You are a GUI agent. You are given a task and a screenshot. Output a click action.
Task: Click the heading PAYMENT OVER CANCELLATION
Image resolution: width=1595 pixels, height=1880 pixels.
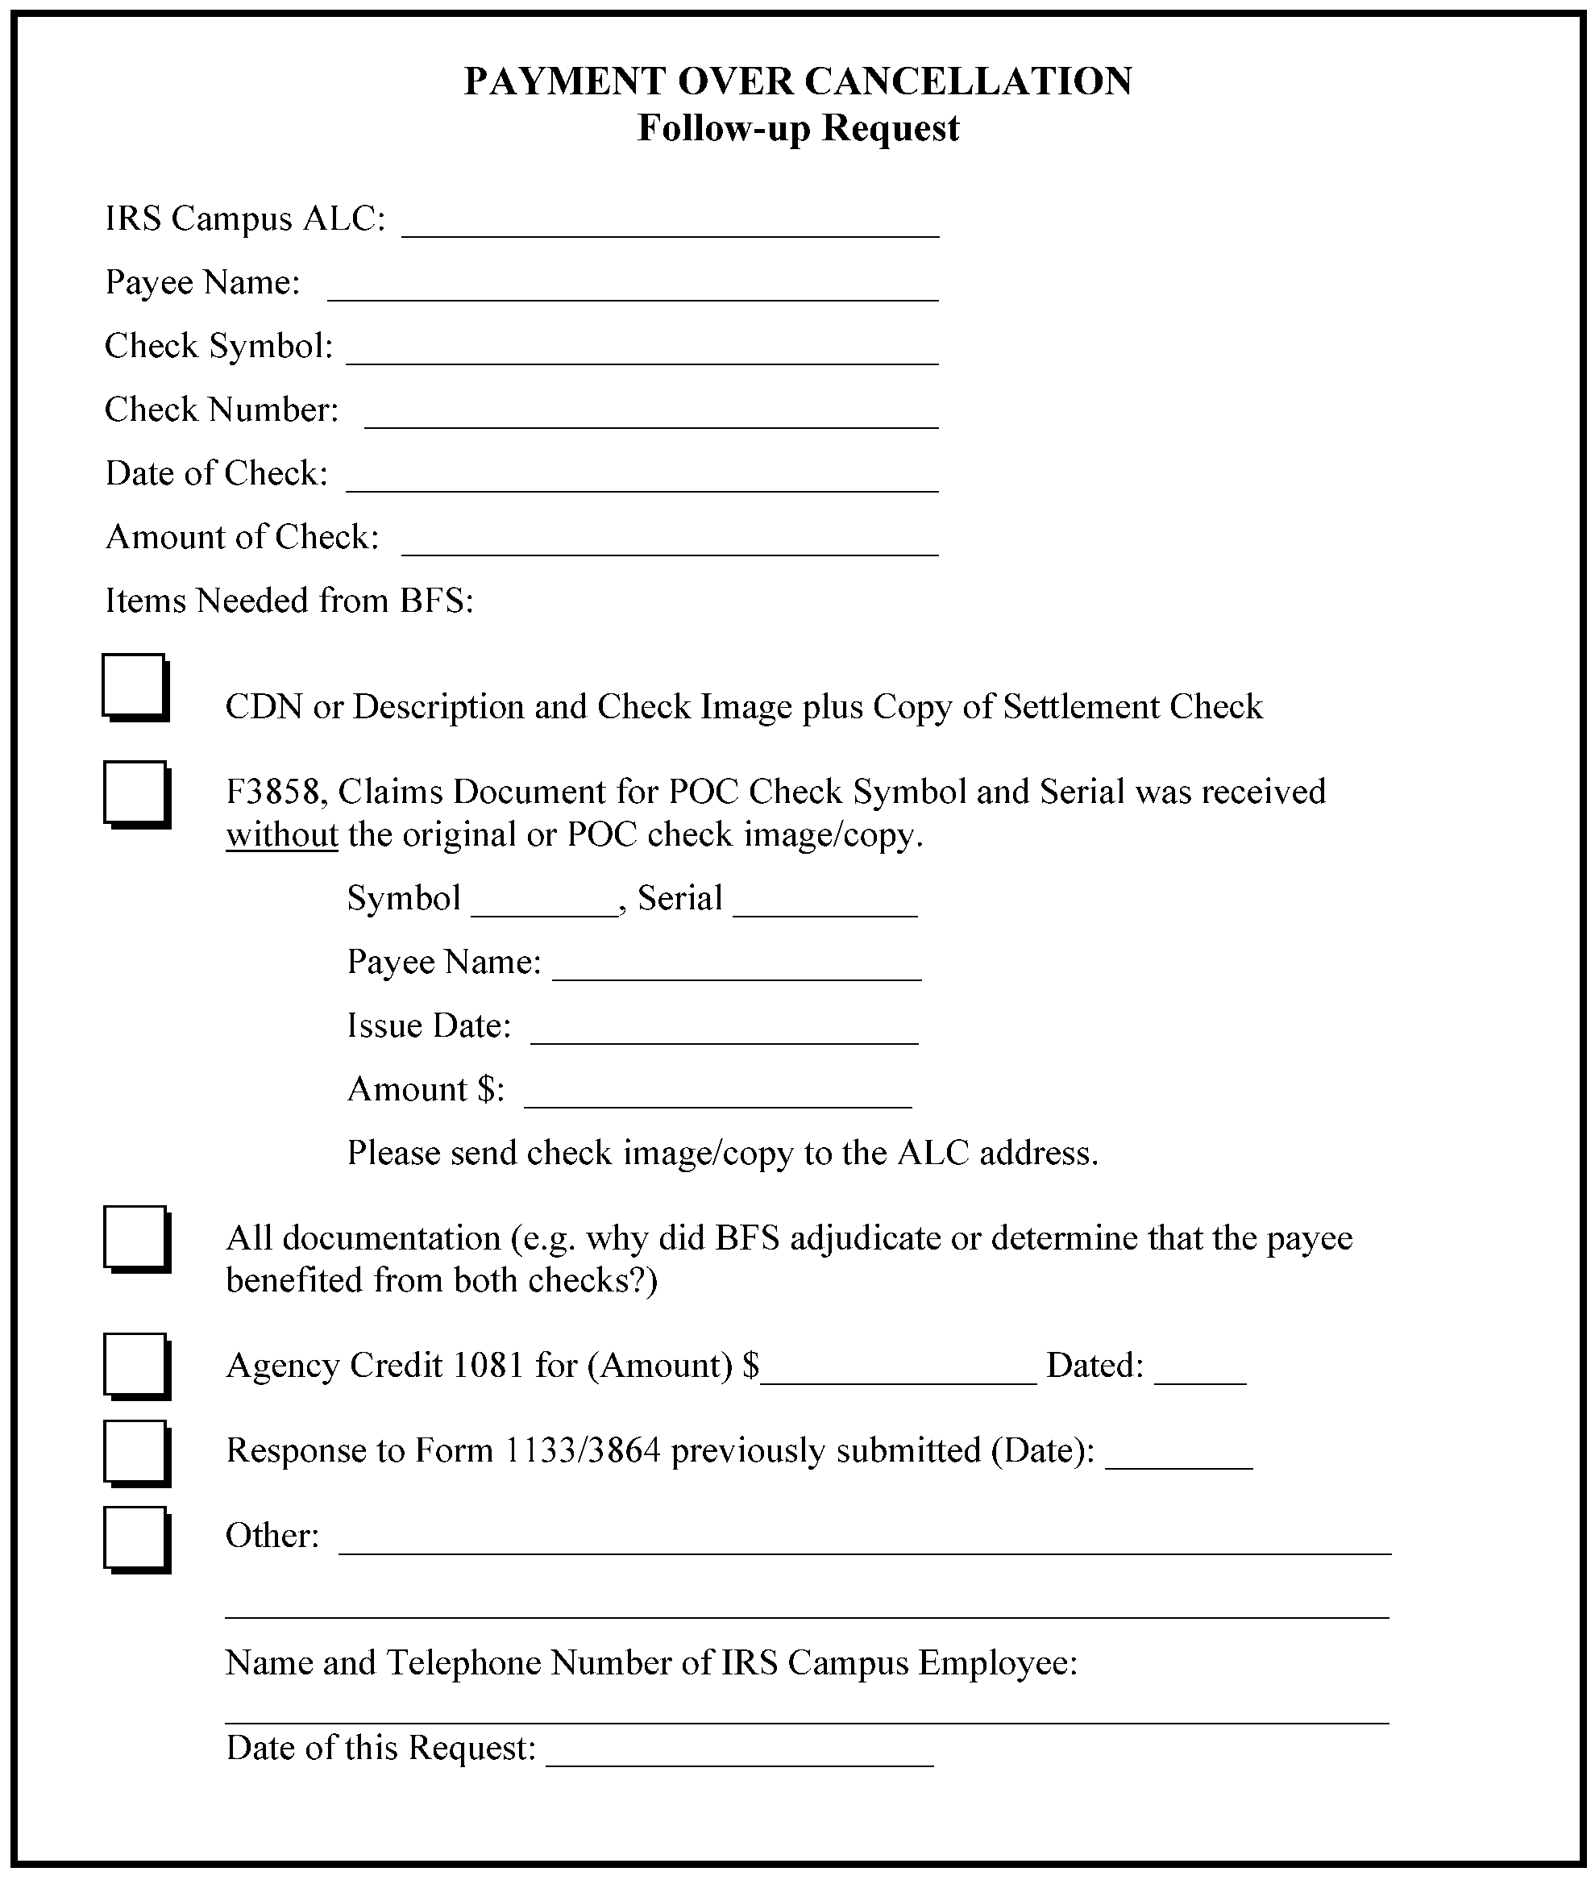click(798, 81)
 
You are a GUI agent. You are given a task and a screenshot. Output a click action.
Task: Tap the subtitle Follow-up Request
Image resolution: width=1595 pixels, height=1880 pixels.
click(798, 128)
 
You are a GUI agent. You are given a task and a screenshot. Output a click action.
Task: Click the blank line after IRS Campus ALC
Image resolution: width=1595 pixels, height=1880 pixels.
click(670, 226)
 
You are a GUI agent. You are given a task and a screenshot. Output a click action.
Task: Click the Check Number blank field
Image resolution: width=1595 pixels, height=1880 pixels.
click(651, 417)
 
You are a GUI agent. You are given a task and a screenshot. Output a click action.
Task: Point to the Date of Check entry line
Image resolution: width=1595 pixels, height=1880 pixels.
click(642, 481)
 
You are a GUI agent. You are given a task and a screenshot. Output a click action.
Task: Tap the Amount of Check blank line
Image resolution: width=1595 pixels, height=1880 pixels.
click(670, 544)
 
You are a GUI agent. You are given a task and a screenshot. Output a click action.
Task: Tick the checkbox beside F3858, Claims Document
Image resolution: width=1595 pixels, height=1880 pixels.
click(135, 793)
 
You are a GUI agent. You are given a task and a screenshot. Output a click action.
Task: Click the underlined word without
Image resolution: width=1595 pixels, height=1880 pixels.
click(281, 834)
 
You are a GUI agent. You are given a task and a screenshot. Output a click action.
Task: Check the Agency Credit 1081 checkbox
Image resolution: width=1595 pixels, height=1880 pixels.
click(135, 1365)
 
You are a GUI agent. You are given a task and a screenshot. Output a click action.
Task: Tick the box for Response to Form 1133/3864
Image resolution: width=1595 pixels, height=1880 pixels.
click(135, 1451)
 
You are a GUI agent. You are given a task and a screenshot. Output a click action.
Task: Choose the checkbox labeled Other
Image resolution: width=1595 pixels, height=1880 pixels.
click(135, 1537)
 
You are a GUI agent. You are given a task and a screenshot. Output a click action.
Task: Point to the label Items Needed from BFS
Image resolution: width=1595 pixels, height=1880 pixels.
click(289, 601)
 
